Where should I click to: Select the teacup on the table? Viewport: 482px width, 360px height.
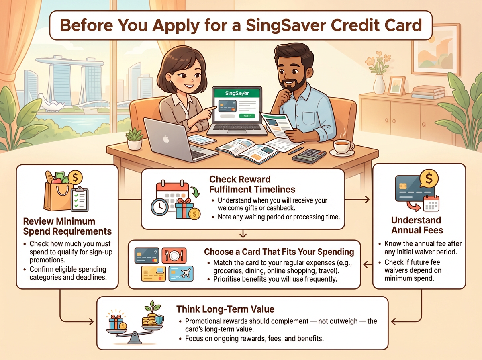[342, 147]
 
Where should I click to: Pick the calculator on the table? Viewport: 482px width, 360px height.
[309, 155]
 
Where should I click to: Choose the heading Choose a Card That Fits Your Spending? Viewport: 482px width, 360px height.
[279, 252]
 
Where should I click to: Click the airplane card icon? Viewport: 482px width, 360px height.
[181, 274]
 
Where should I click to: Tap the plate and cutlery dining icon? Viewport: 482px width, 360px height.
[174, 256]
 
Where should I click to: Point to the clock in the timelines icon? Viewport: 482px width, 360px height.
[159, 207]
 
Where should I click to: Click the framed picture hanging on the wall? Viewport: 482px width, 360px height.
[435, 49]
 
